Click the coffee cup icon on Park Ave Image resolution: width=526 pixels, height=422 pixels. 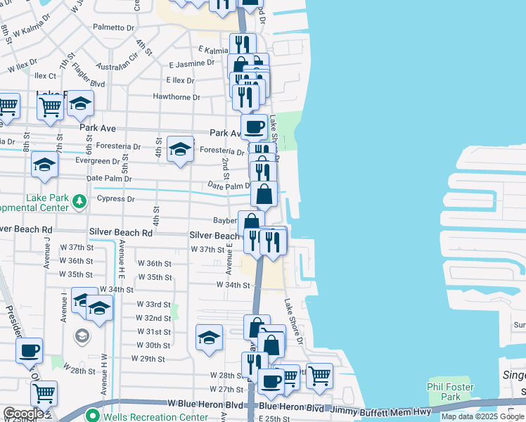coord(254,127)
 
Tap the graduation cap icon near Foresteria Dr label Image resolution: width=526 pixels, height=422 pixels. coord(181,149)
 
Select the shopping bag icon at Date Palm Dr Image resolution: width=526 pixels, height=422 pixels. coord(264,194)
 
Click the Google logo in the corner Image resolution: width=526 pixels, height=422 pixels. coord(23,414)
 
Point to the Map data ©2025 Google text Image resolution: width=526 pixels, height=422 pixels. coord(482,417)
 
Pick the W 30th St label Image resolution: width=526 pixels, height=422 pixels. coord(153,345)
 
